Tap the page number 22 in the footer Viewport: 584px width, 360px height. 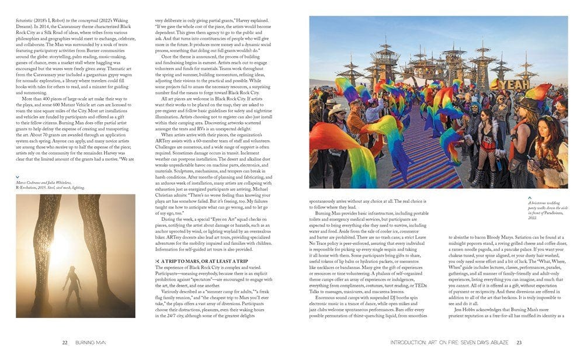(65, 342)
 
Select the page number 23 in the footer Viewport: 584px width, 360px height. (519, 342)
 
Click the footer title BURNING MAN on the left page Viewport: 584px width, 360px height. (90, 342)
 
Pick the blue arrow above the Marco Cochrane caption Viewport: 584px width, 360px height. (18, 176)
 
